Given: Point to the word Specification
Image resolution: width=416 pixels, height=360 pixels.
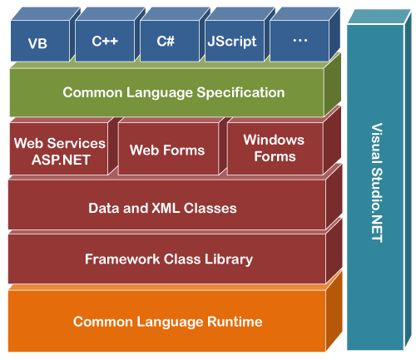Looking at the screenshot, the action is click(240, 92).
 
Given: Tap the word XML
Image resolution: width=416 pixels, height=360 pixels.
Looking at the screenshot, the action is click(166, 208).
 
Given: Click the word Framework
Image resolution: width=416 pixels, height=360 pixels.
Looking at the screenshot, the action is click(122, 259).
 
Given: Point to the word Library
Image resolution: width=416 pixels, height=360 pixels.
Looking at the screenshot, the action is click(229, 259).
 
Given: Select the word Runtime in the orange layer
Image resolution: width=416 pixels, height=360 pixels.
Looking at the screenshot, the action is click(235, 322).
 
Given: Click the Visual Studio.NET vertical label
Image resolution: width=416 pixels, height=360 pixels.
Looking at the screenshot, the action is click(377, 183).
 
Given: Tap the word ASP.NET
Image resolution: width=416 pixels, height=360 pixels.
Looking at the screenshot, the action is click(61, 160).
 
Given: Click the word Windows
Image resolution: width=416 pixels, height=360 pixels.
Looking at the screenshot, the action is click(274, 140).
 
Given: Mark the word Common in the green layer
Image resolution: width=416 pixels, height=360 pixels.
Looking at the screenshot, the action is click(92, 92).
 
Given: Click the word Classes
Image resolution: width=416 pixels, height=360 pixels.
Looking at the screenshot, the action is click(210, 208).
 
